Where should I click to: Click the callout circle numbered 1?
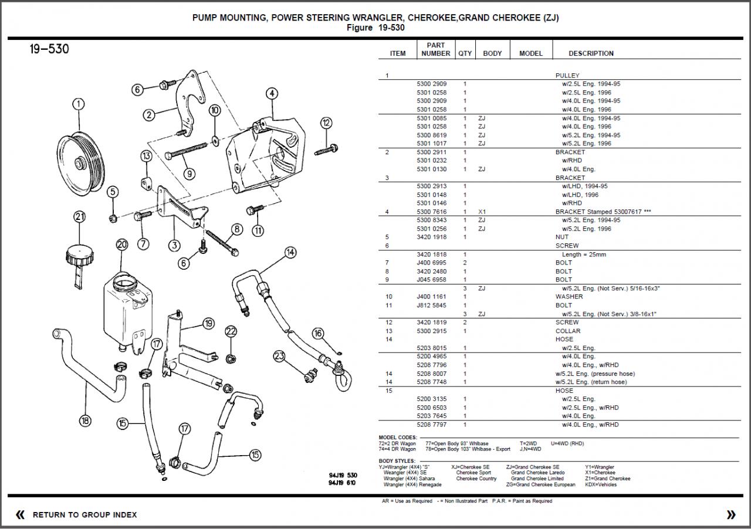click(78, 105)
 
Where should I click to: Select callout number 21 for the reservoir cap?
click(80, 217)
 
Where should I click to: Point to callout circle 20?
click(121, 245)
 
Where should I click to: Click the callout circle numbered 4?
click(271, 93)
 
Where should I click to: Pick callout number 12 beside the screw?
click(326, 123)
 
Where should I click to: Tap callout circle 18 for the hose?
click(86, 420)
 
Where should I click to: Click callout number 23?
click(279, 355)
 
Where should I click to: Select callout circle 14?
click(290, 253)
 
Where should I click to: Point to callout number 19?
click(208, 323)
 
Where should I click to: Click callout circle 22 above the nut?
click(231, 331)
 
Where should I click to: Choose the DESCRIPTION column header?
click(591, 53)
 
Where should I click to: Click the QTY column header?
click(465, 53)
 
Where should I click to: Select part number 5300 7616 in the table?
click(431, 212)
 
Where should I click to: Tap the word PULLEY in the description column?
click(567, 76)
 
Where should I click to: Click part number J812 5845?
click(431, 305)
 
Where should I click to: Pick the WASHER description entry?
click(569, 297)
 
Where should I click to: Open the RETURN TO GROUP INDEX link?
click(84, 515)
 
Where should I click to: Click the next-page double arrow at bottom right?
click(730, 515)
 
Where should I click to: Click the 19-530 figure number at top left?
click(49, 49)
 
